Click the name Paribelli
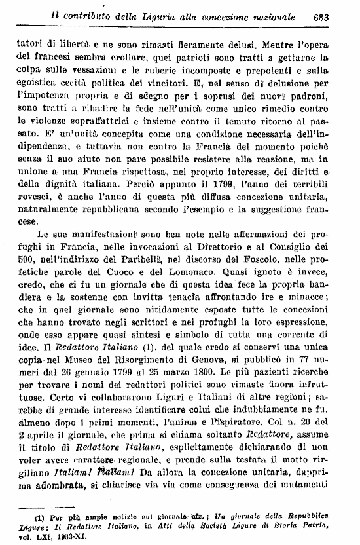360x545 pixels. (x=124, y=263)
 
